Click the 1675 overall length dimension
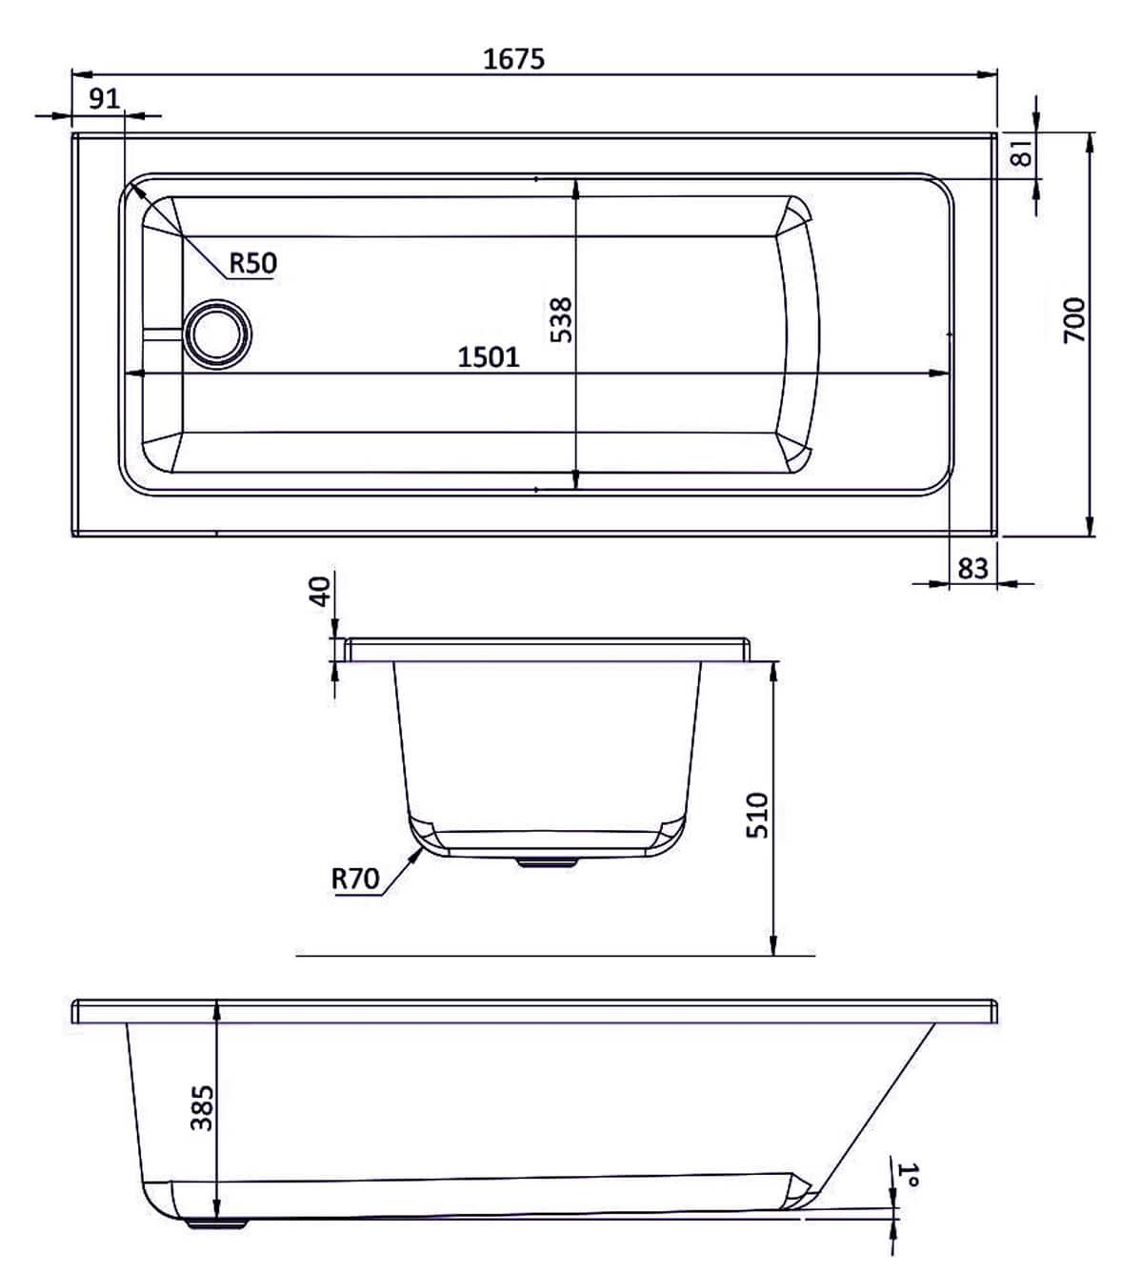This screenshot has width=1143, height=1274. point(513,59)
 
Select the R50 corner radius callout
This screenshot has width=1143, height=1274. point(252,262)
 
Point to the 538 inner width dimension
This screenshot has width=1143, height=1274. point(561,319)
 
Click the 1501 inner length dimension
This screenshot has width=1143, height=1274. point(489,357)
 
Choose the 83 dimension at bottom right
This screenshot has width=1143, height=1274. point(972,569)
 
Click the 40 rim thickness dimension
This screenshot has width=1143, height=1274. point(320,591)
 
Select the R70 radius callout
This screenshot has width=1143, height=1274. point(355,879)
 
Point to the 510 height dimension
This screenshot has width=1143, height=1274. point(755,815)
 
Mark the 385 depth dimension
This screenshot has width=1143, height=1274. point(201,1108)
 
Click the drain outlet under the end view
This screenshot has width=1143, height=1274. point(547,861)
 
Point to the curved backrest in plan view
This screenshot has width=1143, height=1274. point(800,334)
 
